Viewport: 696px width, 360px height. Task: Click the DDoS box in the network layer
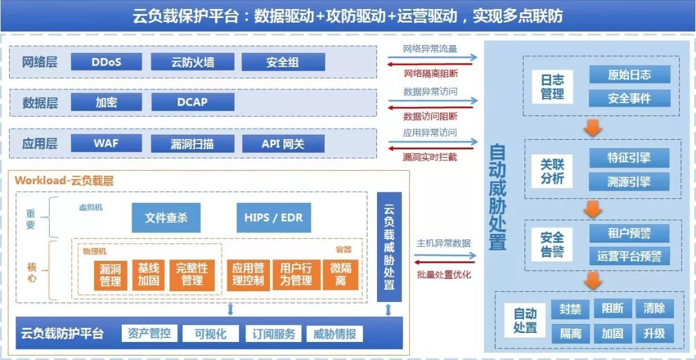click(106, 62)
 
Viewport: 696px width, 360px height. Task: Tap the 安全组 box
click(283, 62)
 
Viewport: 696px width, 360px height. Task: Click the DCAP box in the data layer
click(193, 102)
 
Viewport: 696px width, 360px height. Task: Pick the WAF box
click(106, 143)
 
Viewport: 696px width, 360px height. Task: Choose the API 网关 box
click(283, 143)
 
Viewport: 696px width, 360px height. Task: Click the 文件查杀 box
click(166, 218)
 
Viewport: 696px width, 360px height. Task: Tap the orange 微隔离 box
click(340, 274)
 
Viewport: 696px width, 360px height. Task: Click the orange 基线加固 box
click(148, 274)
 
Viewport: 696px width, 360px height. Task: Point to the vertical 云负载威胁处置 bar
click(389, 247)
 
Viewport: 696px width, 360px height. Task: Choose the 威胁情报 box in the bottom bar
click(334, 334)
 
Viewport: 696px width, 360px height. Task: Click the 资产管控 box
click(149, 334)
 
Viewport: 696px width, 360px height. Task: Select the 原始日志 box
click(629, 75)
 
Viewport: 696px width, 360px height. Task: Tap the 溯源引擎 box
click(629, 182)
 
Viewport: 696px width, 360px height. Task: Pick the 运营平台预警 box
click(629, 256)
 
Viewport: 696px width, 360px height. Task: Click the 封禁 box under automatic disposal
click(570, 309)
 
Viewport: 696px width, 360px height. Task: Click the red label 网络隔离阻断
click(430, 73)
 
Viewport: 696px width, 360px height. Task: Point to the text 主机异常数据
click(443, 243)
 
